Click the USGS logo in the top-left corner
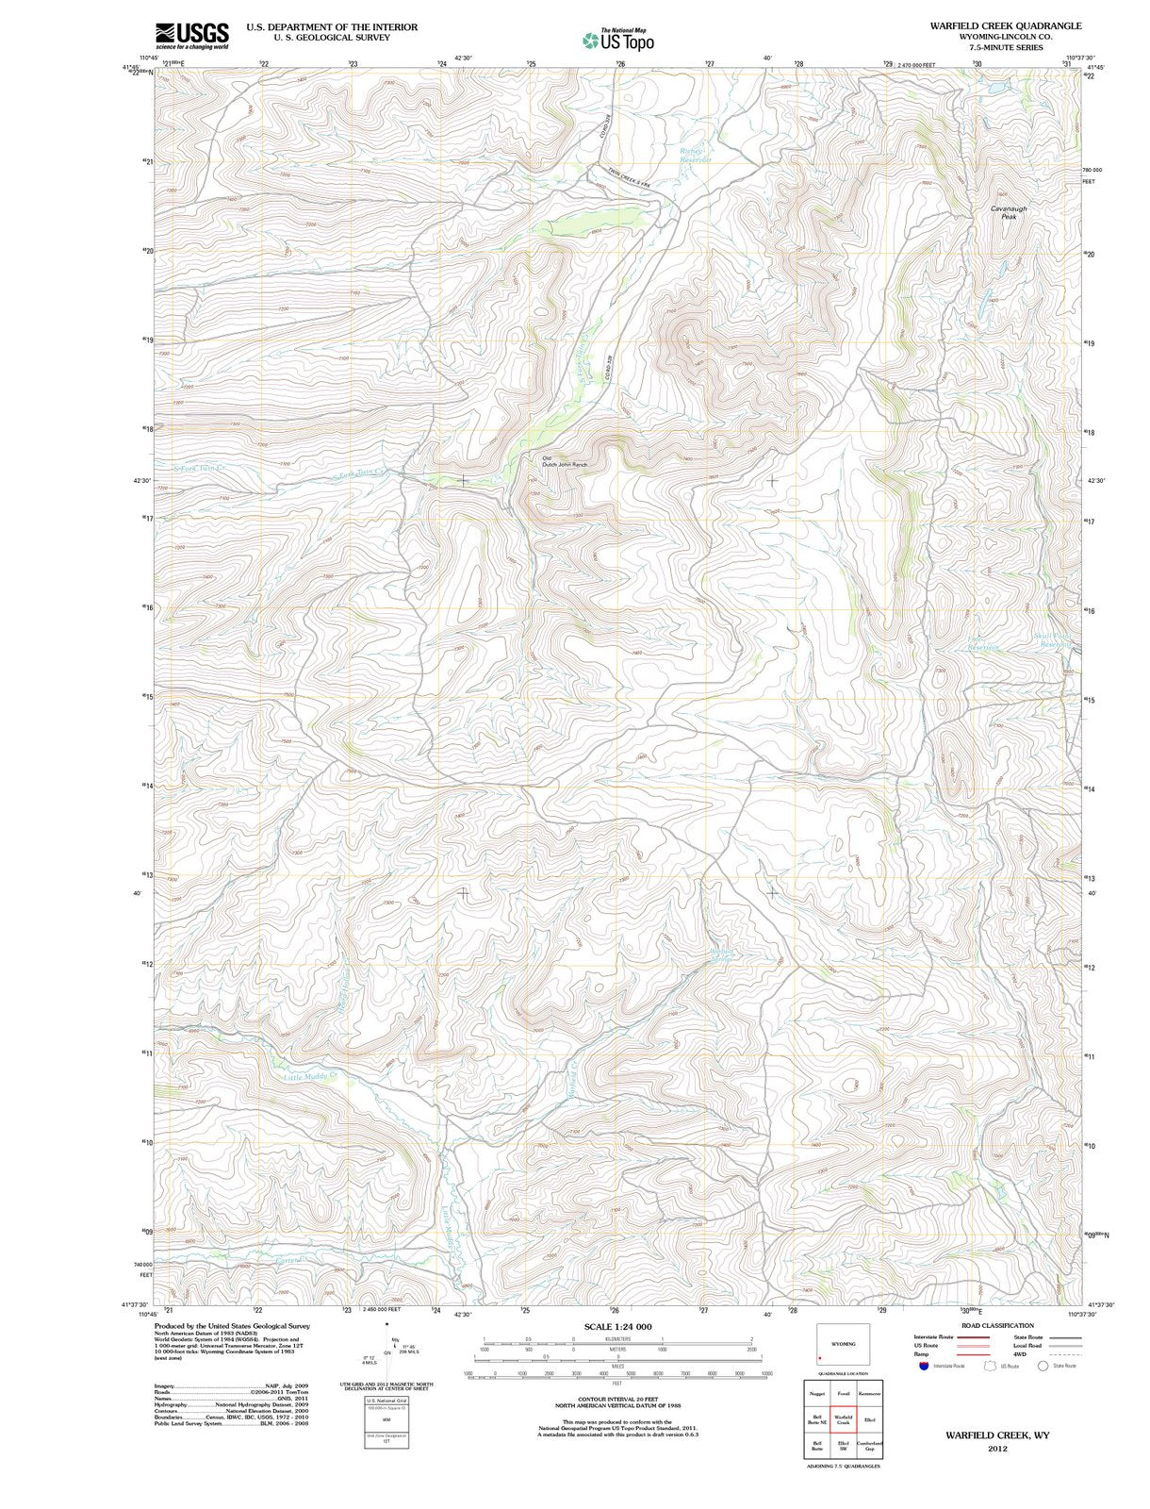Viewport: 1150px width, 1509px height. pos(191,34)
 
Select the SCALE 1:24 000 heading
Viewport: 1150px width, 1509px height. pos(617,1326)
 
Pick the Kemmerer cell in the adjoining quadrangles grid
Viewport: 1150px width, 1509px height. pos(869,1393)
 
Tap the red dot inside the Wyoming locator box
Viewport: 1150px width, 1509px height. pos(820,1358)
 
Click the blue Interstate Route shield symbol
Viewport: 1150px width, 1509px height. pos(925,1365)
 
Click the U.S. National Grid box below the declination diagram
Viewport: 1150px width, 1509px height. pos(386,1427)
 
